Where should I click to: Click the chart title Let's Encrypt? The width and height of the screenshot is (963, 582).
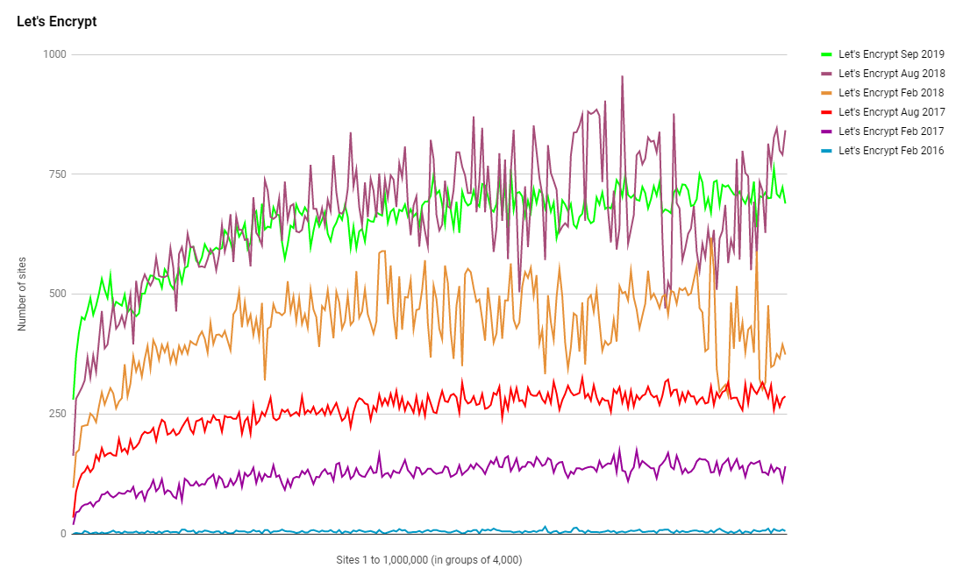tap(57, 22)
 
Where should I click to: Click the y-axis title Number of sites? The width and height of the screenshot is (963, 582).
tap(23, 295)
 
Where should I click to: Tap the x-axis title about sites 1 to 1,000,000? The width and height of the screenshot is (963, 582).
tap(429, 559)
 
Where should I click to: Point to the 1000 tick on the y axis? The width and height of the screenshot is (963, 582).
tap(55, 54)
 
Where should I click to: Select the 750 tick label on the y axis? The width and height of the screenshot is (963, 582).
tap(58, 174)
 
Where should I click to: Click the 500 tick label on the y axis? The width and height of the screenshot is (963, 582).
tap(58, 294)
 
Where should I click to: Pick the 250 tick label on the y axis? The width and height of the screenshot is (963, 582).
tap(58, 414)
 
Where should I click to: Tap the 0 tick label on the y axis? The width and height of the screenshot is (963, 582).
tap(63, 534)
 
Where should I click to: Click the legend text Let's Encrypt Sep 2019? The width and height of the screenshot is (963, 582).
tap(891, 54)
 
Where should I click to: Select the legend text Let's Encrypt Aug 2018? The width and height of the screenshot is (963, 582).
tap(891, 74)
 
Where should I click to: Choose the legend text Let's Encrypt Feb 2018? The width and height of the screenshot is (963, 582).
tap(891, 93)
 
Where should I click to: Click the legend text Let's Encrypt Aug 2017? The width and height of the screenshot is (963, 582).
tap(891, 112)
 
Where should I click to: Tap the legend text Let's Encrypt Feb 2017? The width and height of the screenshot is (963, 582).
tap(891, 131)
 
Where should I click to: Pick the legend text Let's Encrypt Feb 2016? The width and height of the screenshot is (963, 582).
tap(891, 151)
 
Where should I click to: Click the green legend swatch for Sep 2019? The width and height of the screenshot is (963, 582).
tap(825, 54)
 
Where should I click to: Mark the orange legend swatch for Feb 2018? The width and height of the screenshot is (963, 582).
tap(825, 93)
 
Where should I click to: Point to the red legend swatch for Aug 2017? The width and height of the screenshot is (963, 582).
tap(825, 112)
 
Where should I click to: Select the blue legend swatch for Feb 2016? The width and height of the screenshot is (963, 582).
tap(825, 151)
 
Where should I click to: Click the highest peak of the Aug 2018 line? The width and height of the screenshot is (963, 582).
tap(622, 76)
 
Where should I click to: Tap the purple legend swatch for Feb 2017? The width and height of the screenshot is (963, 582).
tap(825, 131)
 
